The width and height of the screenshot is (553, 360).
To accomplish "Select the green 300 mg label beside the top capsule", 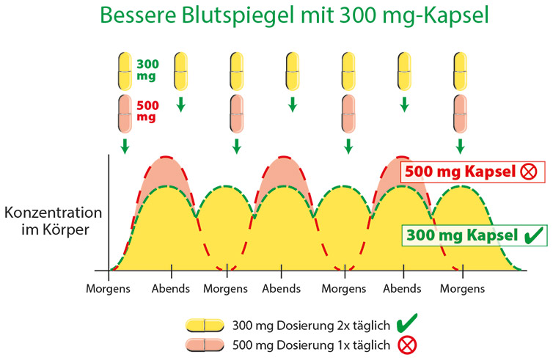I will tap(147, 70).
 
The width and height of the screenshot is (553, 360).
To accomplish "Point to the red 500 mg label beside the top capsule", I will tap(147, 111).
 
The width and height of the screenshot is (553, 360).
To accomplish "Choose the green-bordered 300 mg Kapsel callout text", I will tap(458, 235).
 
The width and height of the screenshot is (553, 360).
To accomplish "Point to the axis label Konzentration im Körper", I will tap(52, 220).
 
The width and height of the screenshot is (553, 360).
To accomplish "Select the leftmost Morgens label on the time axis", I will tap(108, 288).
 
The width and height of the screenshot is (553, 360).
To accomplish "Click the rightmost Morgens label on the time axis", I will tap(462, 288).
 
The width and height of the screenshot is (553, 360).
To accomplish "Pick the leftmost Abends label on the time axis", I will tap(170, 288).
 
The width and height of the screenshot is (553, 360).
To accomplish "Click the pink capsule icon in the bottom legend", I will tap(205, 343).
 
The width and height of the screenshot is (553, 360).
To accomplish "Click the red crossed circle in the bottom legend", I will tap(404, 343).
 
